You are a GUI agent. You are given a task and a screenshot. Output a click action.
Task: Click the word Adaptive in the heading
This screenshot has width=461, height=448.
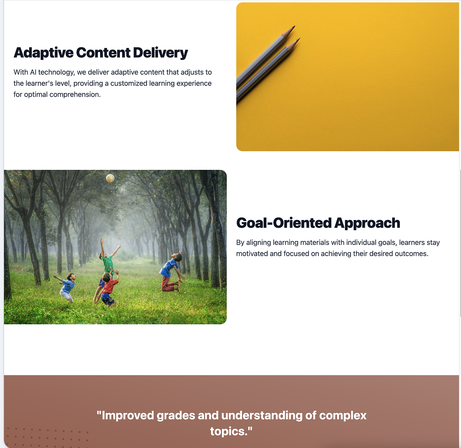point(43,53)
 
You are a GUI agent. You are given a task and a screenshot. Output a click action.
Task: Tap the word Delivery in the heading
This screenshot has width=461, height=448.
point(160,53)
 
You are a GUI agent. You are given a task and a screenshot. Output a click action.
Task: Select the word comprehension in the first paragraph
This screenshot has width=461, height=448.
point(75,95)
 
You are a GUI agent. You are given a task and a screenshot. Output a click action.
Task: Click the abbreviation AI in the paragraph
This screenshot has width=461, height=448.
point(33,72)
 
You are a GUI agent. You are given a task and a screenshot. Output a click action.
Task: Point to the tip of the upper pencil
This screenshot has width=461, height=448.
point(295,26)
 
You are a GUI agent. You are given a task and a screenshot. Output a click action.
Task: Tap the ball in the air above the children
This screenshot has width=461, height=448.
point(110,178)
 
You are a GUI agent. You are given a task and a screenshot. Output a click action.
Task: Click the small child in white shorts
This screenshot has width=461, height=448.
point(66,287)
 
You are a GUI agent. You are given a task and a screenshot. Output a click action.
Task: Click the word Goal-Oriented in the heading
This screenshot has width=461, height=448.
point(284,223)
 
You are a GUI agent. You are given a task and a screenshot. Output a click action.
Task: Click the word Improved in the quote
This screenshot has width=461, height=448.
point(126,416)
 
